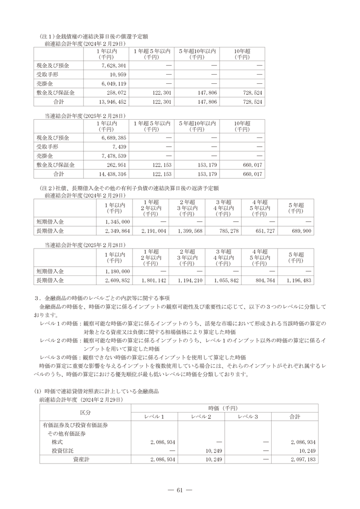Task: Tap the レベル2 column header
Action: pos(201,417)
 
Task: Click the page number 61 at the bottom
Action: pos(180,490)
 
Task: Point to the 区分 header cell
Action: pos(85,412)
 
